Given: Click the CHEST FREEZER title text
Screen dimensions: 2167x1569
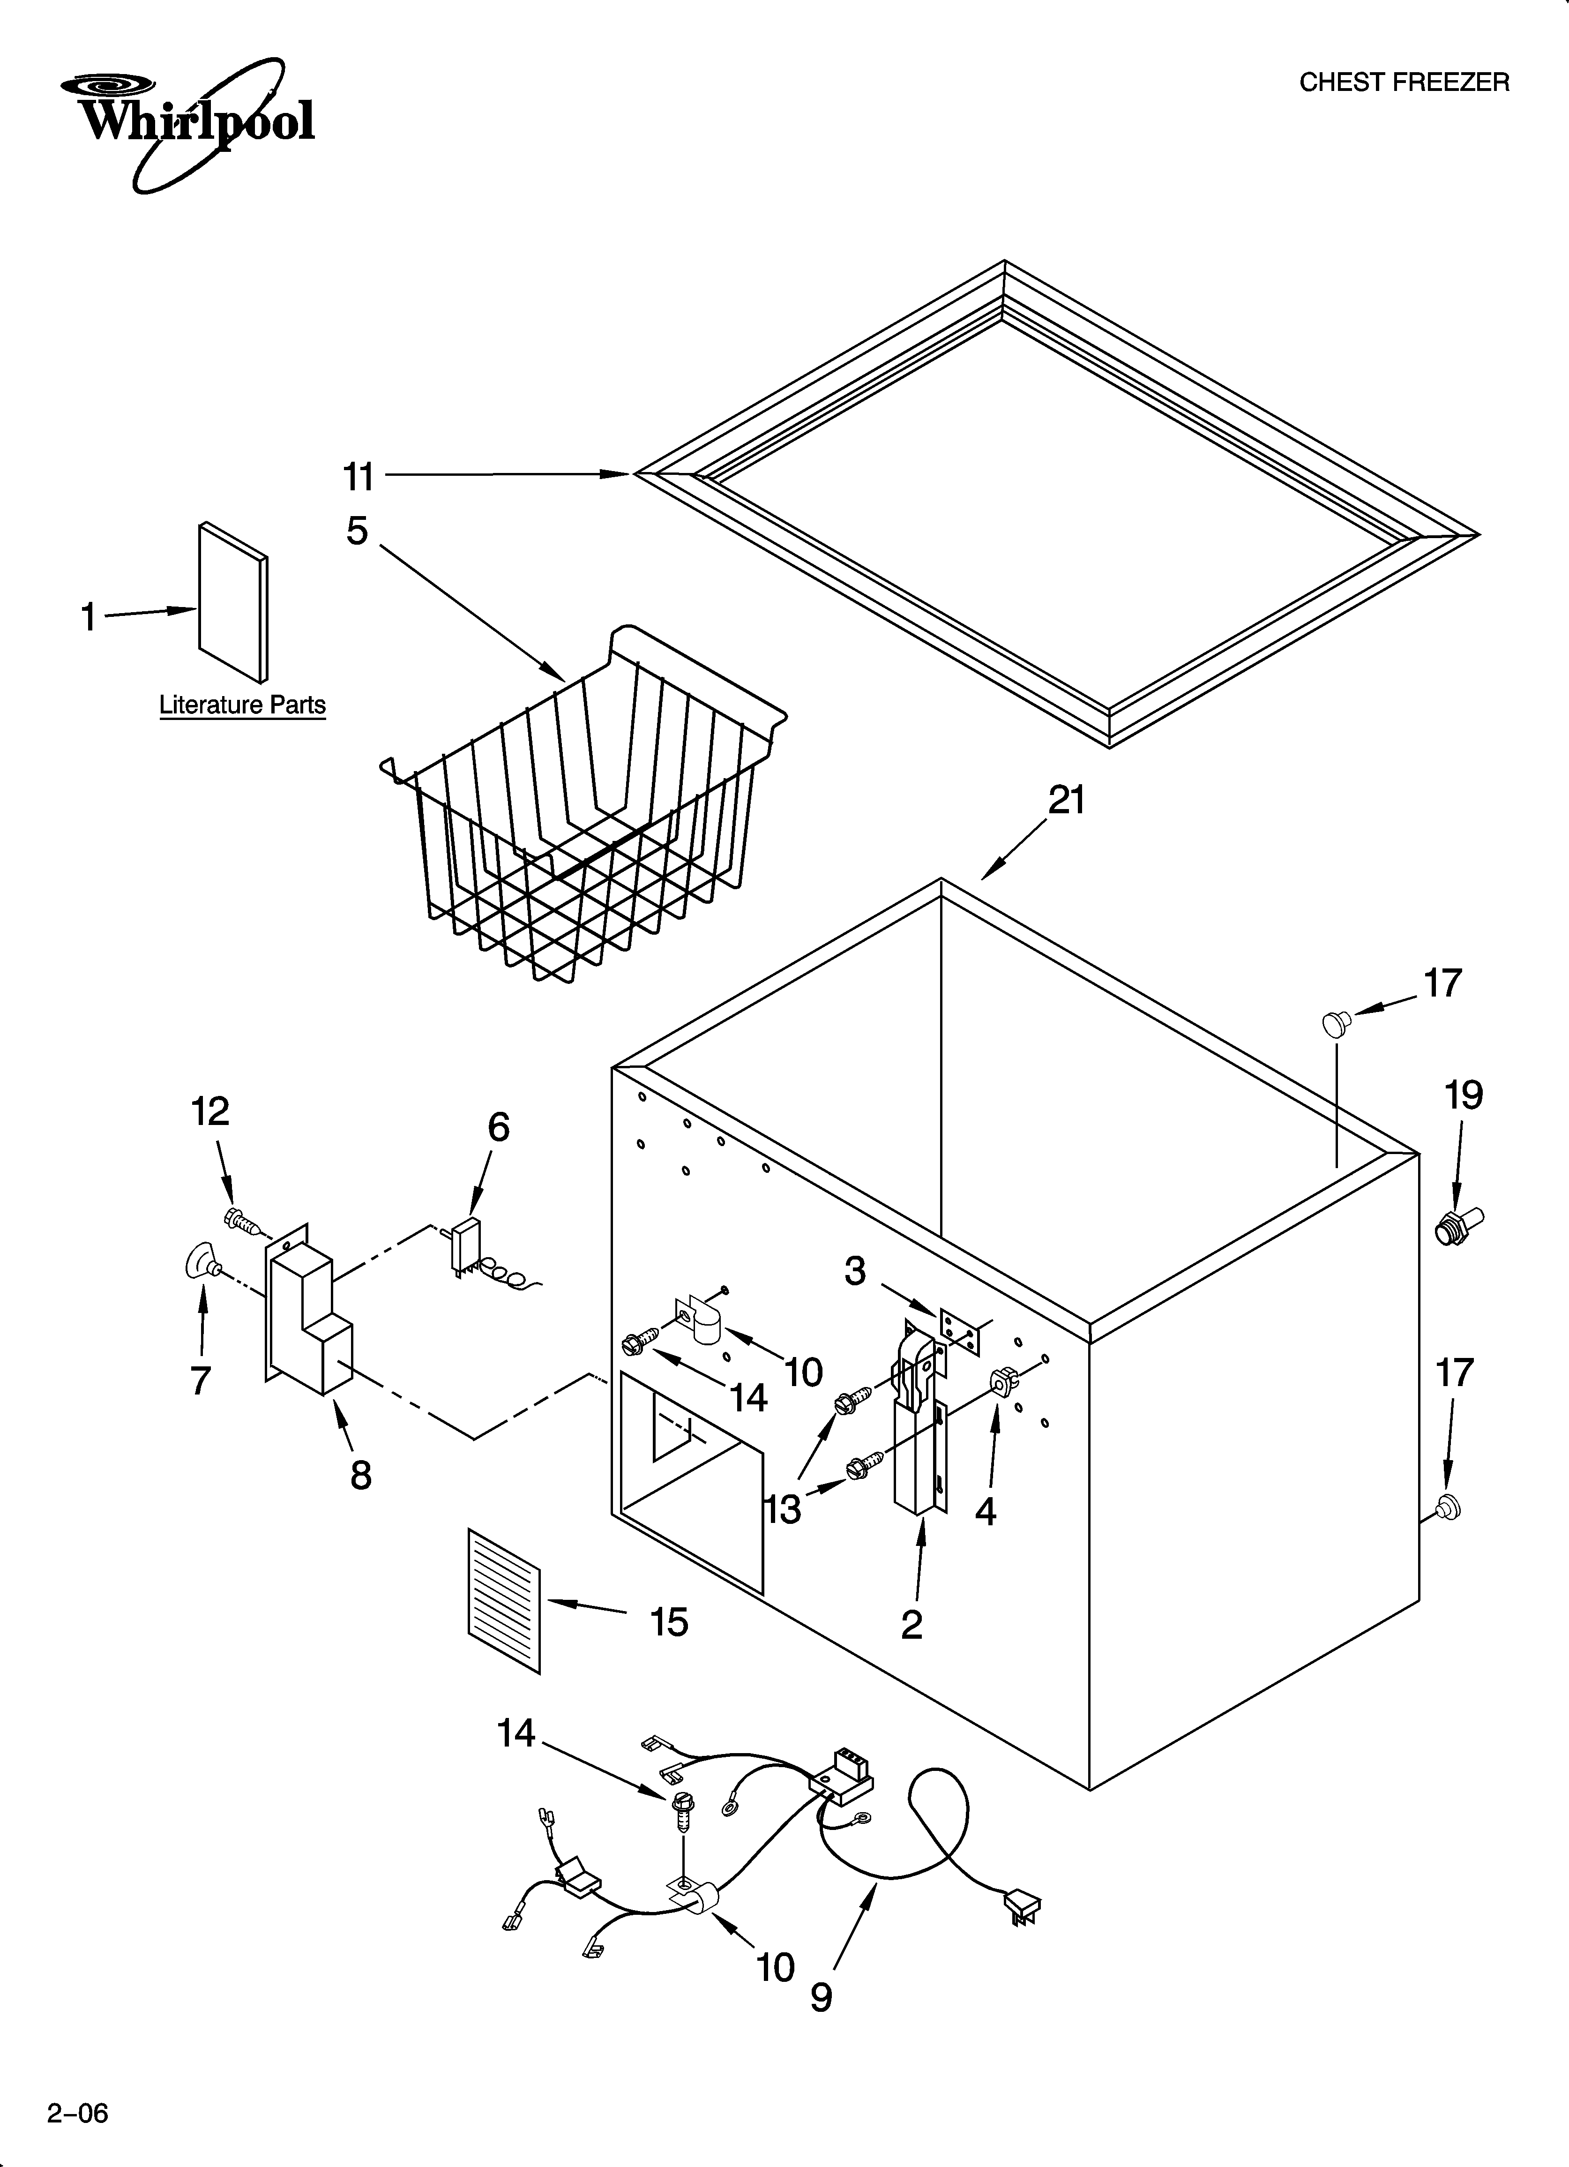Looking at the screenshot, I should point(1404,83).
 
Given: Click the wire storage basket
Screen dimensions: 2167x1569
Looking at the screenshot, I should point(583,812).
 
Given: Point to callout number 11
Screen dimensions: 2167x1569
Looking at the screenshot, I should point(359,476).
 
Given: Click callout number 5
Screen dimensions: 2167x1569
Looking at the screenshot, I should point(358,531).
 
